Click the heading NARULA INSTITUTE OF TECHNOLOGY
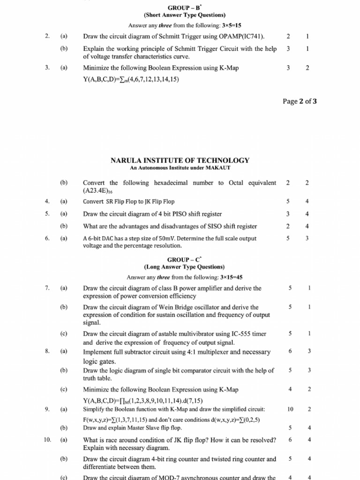(x=180, y=160)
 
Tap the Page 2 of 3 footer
(x=300, y=101)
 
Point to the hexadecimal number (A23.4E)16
(x=97, y=191)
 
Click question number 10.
(x=47, y=440)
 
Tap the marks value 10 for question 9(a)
(x=290, y=409)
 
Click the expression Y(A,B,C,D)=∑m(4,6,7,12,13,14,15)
(x=131, y=79)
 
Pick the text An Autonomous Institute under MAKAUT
(x=180, y=168)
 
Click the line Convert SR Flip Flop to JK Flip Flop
(x=128, y=202)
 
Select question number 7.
(x=47, y=288)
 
